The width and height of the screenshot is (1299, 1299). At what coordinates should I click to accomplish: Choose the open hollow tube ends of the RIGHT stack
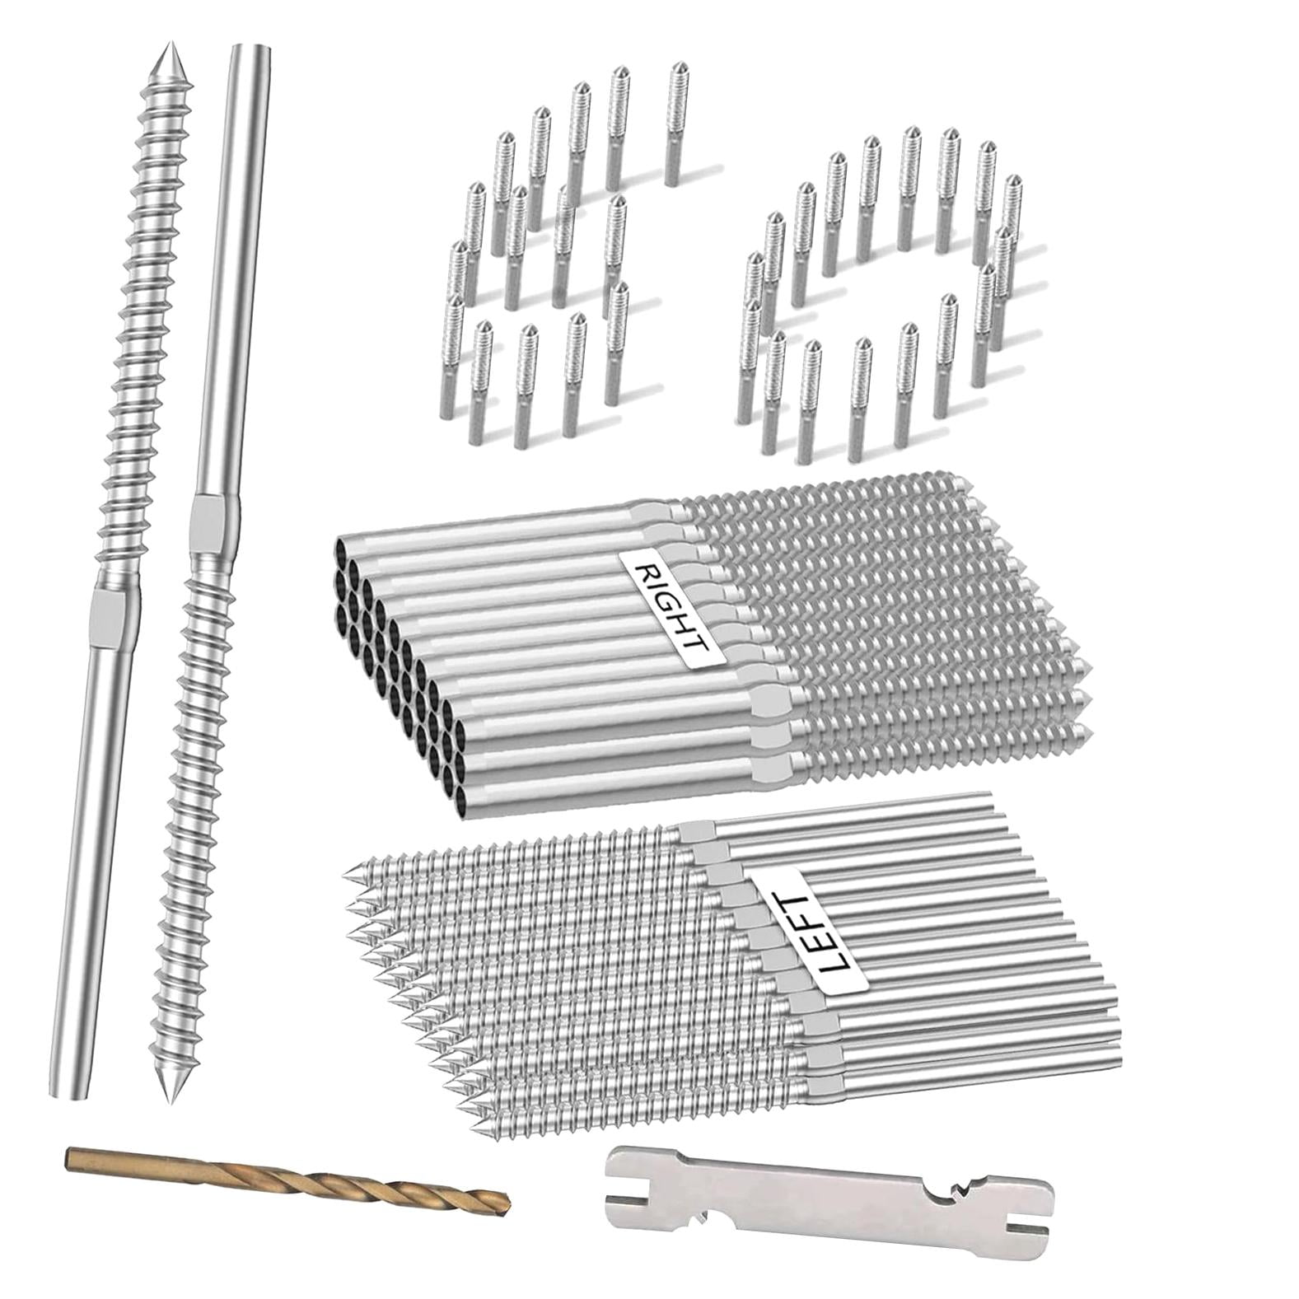(395, 659)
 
